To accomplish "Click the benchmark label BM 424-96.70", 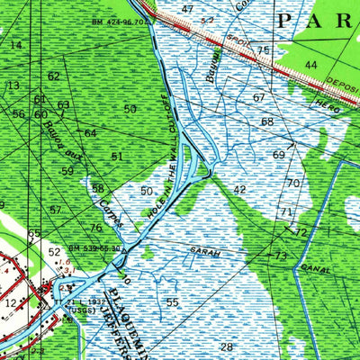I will click(121, 20).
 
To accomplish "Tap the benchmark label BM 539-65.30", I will click(97, 247).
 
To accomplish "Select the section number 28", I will click(226, 346).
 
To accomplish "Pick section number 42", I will click(238, 190).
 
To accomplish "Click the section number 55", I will click(172, 301).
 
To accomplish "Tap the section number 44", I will click(310, 65).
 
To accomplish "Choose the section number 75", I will click(263, 50).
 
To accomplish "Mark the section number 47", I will click(187, 9).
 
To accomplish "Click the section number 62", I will click(54, 76).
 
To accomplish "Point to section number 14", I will click(16, 44).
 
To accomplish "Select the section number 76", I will click(95, 229).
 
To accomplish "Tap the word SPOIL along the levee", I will click(237, 40).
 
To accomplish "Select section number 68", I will click(267, 121).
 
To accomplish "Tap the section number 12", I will click(10, 304).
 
